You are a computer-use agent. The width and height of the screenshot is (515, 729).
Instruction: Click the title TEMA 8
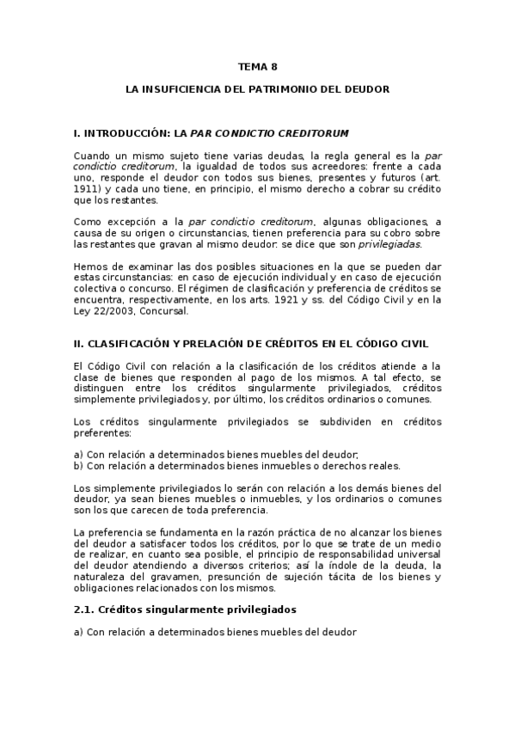(257, 66)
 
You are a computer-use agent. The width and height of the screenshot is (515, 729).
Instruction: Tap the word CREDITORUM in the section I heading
(315, 133)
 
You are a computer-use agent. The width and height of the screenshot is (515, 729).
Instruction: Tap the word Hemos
(90, 266)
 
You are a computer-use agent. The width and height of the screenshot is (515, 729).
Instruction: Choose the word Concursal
(164, 310)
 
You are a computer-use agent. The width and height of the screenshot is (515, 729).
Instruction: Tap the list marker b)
(79, 466)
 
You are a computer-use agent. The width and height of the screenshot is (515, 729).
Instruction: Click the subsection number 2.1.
(86, 610)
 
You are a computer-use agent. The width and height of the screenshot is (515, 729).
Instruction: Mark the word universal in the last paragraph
(419, 554)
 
